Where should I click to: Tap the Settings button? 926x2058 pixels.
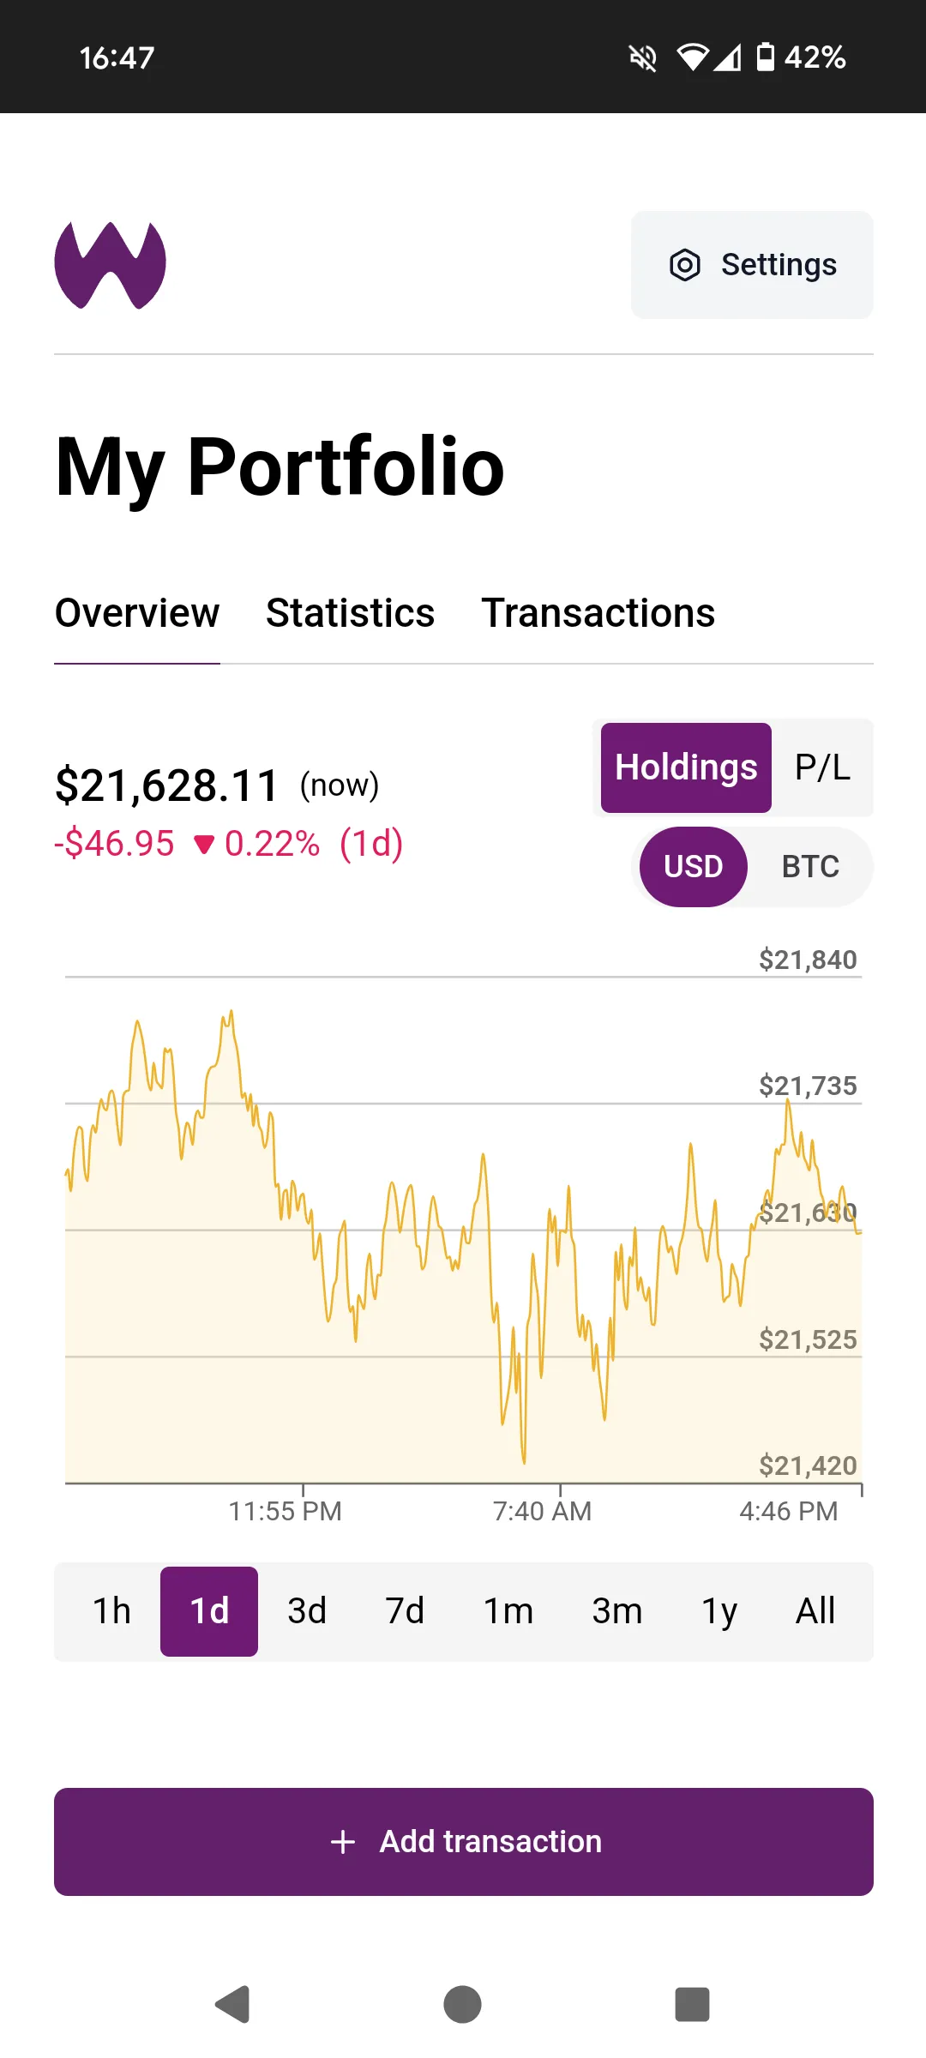pos(752,265)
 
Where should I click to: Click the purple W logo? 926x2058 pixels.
pos(110,265)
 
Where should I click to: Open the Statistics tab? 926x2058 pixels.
pos(350,613)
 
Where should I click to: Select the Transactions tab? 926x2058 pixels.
pos(598,613)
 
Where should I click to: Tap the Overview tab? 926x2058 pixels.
pos(137,613)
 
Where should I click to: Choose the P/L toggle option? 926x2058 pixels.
pos(822,767)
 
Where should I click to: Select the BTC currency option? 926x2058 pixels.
pos(810,867)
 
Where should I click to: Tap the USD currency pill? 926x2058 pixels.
pos(693,867)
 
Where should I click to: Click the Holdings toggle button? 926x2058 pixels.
pos(686,767)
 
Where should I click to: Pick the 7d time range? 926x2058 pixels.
pos(405,1611)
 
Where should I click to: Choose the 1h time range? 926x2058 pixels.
pos(111,1611)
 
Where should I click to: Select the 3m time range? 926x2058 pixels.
pos(616,1611)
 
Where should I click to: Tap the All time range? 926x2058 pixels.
pos(815,1611)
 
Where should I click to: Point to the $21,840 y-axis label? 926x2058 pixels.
pos(808,960)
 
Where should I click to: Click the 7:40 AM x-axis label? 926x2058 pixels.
pos(542,1511)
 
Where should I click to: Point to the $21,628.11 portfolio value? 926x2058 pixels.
pos(167,785)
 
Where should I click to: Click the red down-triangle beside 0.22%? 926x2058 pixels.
pos(204,845)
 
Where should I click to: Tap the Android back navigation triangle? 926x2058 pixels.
pos(232,2004)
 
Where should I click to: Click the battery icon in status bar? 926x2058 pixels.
pos(766,57)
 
